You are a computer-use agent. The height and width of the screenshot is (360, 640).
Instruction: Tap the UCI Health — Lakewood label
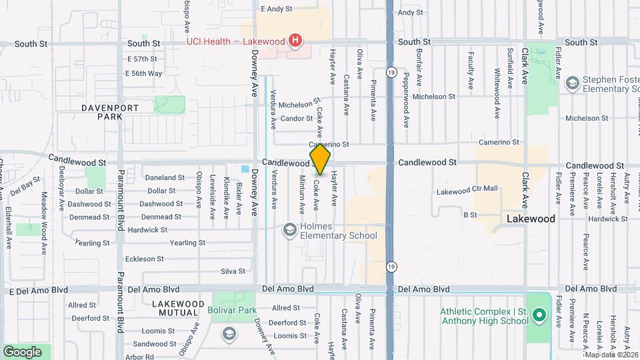tap(235, 41)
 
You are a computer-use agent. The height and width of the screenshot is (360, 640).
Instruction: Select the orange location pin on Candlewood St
tap(321, 159)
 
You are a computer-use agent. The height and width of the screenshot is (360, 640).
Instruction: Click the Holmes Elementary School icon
tap(290, 230)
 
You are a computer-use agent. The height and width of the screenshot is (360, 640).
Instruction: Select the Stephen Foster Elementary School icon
tap(571, 83)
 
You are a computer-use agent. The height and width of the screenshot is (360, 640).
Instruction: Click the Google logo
tap(22, 351)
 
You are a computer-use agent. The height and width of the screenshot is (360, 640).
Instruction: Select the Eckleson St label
tap(145, 259)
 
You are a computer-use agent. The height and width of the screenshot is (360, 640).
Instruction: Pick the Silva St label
tap(233, 271)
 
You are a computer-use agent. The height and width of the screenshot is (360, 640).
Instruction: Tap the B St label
tap(470, 215)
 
